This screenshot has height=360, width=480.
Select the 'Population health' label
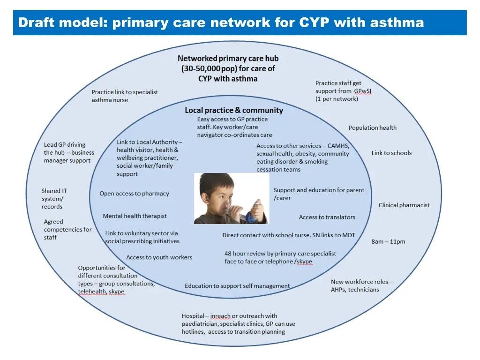pos(372,127)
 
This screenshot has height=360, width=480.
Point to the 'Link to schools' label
pos(391,153)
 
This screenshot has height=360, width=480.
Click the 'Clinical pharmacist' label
pos(404,205)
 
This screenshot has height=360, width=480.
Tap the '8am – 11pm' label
pos(388,241)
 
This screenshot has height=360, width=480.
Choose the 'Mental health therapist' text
pos(135,216)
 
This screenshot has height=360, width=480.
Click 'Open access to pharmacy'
pos(134,194)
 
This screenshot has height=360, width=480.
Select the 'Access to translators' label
pos(327,217)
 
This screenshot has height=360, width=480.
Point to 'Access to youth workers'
pos(159,257)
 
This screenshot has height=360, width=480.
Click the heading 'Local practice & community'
pos(234,110)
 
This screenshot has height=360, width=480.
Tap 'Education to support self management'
pos(237,286)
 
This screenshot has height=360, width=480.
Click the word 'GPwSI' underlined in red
pos(363,91)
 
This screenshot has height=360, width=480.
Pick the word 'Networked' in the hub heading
pos(197,59)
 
